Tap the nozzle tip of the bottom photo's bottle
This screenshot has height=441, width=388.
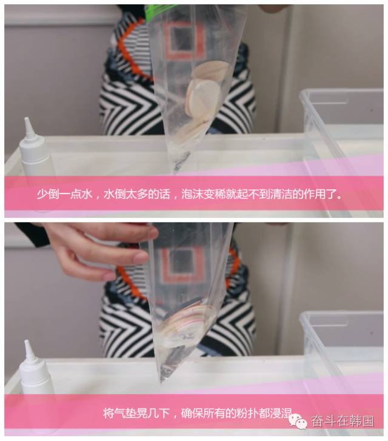[27, 342]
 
